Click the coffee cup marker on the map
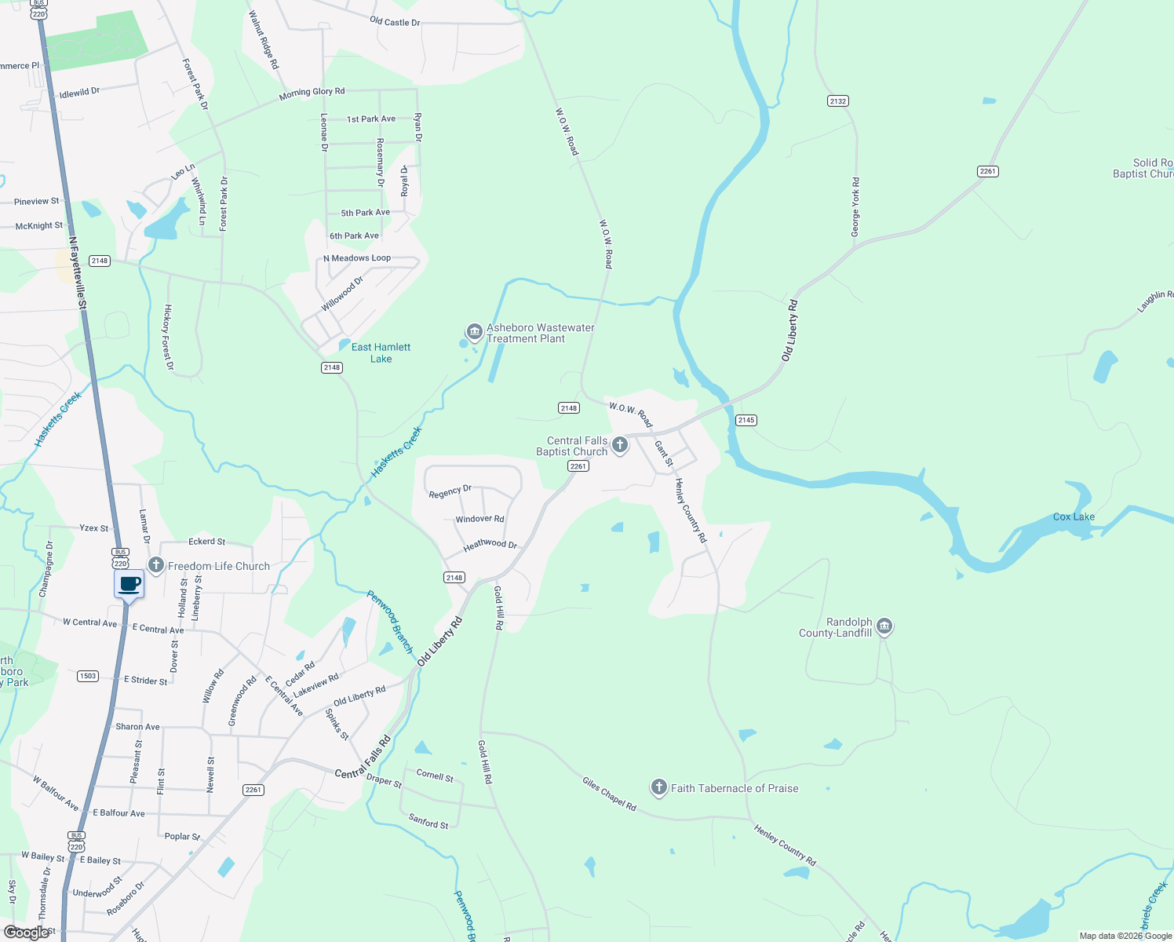tap(129, 585)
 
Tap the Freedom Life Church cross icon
tap(156, 565)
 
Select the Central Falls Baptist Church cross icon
tap(620, 445)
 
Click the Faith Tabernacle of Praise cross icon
tap(659, 787)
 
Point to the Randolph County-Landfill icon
tap(884, 626)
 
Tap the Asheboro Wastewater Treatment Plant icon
tap(474, 330)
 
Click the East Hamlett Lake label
tap(381, 352)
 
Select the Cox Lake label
tap(1074, 517)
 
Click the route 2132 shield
tap(838, 100)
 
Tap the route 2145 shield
tap(746, 420)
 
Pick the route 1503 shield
tap(88, 676)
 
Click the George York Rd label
tap(855, 207)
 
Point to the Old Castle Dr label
tap(395, 21)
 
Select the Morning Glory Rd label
tap(312, 93)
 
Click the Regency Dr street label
tap(450, 491)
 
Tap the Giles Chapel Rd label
tap(609, 793)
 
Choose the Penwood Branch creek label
tap(390, 622)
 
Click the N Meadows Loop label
tap(357, 257)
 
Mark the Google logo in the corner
tap(27, 933)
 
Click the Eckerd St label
tap(206, 541)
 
